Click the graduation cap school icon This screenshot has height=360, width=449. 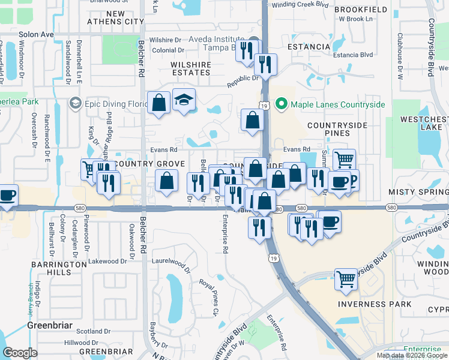pyautogui.click(x=184, y=101)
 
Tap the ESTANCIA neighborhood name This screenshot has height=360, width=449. pyautogui.click(x=309, y=47)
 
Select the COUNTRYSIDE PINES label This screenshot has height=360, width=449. pyautogui.click(x=336, y=130)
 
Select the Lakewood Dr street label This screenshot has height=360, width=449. pyautogui.click(x=107, y=261)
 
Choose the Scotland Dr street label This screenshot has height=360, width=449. pyautogui.click(x=86, y=331)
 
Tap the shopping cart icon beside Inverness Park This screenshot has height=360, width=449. pyautogui.click(x=345, y=279)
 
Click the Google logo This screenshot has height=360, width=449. pyautogui.click(x=20, y=353)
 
